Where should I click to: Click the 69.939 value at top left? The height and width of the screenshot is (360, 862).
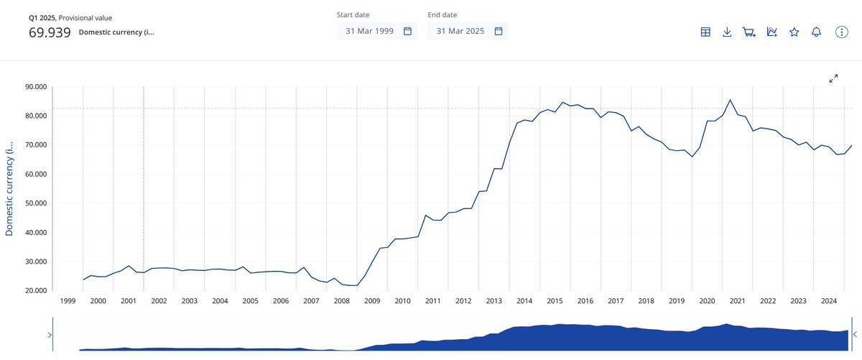50,32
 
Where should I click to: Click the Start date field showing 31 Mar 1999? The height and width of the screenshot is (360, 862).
377,31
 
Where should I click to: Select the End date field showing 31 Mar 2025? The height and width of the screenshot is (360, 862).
468,31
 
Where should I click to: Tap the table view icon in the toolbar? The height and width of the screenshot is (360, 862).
705,32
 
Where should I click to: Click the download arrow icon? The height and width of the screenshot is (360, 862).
727,32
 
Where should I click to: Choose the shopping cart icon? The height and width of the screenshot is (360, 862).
749,32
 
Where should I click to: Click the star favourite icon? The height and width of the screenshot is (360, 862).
794,32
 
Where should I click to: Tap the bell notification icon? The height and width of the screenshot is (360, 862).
816,32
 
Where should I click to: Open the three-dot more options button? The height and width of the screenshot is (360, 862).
842,32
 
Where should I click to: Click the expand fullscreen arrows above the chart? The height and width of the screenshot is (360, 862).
834,78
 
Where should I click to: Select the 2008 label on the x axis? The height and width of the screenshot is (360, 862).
341,301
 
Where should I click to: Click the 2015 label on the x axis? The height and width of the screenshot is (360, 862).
555,301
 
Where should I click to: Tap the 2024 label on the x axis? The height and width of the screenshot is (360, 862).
828,301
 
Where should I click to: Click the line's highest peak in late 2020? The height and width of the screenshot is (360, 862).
730,100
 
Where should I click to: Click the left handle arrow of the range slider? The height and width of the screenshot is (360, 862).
49,335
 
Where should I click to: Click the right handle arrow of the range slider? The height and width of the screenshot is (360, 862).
855,334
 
